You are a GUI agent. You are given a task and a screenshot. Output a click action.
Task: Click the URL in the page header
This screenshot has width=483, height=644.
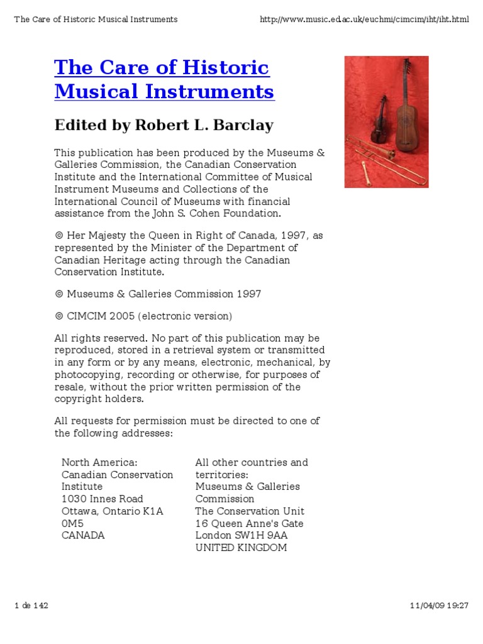(x=364, y=19)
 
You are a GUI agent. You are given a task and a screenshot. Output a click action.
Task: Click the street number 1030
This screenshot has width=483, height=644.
(x=74, y=499)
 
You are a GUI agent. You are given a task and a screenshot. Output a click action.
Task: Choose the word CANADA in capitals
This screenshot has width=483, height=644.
(x=83, y=536)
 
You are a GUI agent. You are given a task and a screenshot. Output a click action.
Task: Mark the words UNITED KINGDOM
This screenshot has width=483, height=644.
(x=241, y=548)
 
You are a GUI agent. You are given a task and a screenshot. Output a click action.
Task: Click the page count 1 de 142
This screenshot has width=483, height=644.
(x=31, y=606)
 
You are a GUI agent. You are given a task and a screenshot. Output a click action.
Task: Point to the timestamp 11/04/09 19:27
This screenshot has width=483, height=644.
(x=439, y=606)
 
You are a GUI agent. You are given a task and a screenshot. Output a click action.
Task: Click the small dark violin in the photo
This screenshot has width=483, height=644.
(x=379, y=122)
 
